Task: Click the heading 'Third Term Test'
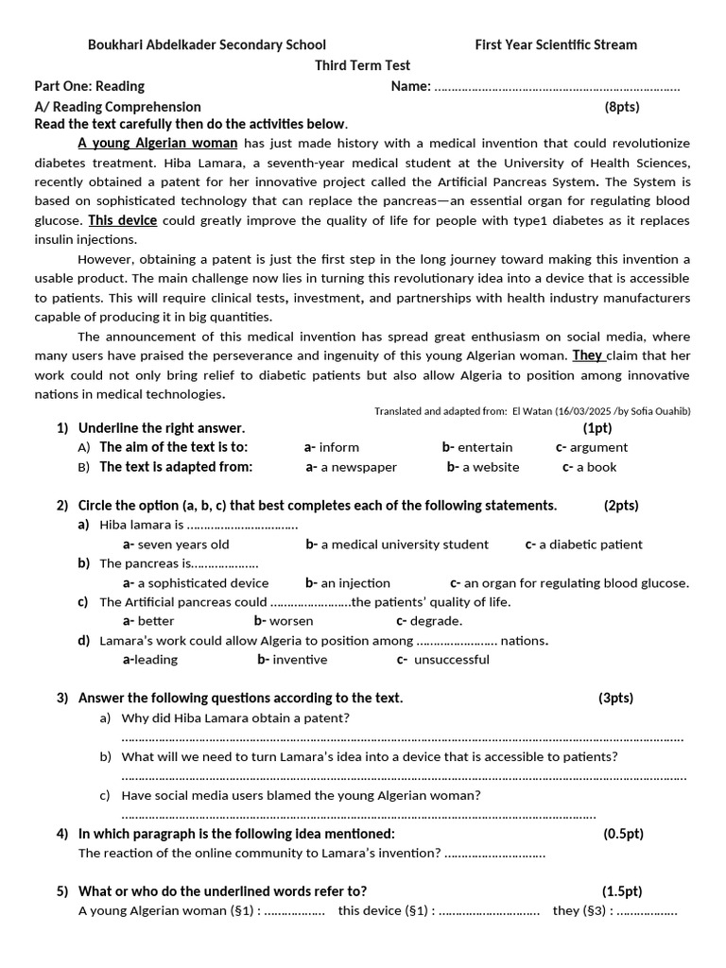(362, 65)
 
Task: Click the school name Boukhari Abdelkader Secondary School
(206, 44)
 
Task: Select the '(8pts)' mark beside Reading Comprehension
(622, 107)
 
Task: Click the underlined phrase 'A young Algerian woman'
(157, 144)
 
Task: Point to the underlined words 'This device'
(123, 220)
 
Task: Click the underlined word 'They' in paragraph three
(587, 355)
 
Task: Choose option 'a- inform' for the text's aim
(332, 447)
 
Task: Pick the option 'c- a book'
(589, 467)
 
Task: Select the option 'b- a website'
(483, 467)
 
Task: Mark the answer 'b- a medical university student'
(397, 544)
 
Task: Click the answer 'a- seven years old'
(176, 544)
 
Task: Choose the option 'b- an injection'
(347, 583)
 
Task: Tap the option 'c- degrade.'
(429, 621)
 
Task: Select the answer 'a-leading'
(150, 660)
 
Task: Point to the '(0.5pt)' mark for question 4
(623, 834)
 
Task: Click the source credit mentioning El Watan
(532, 411)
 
